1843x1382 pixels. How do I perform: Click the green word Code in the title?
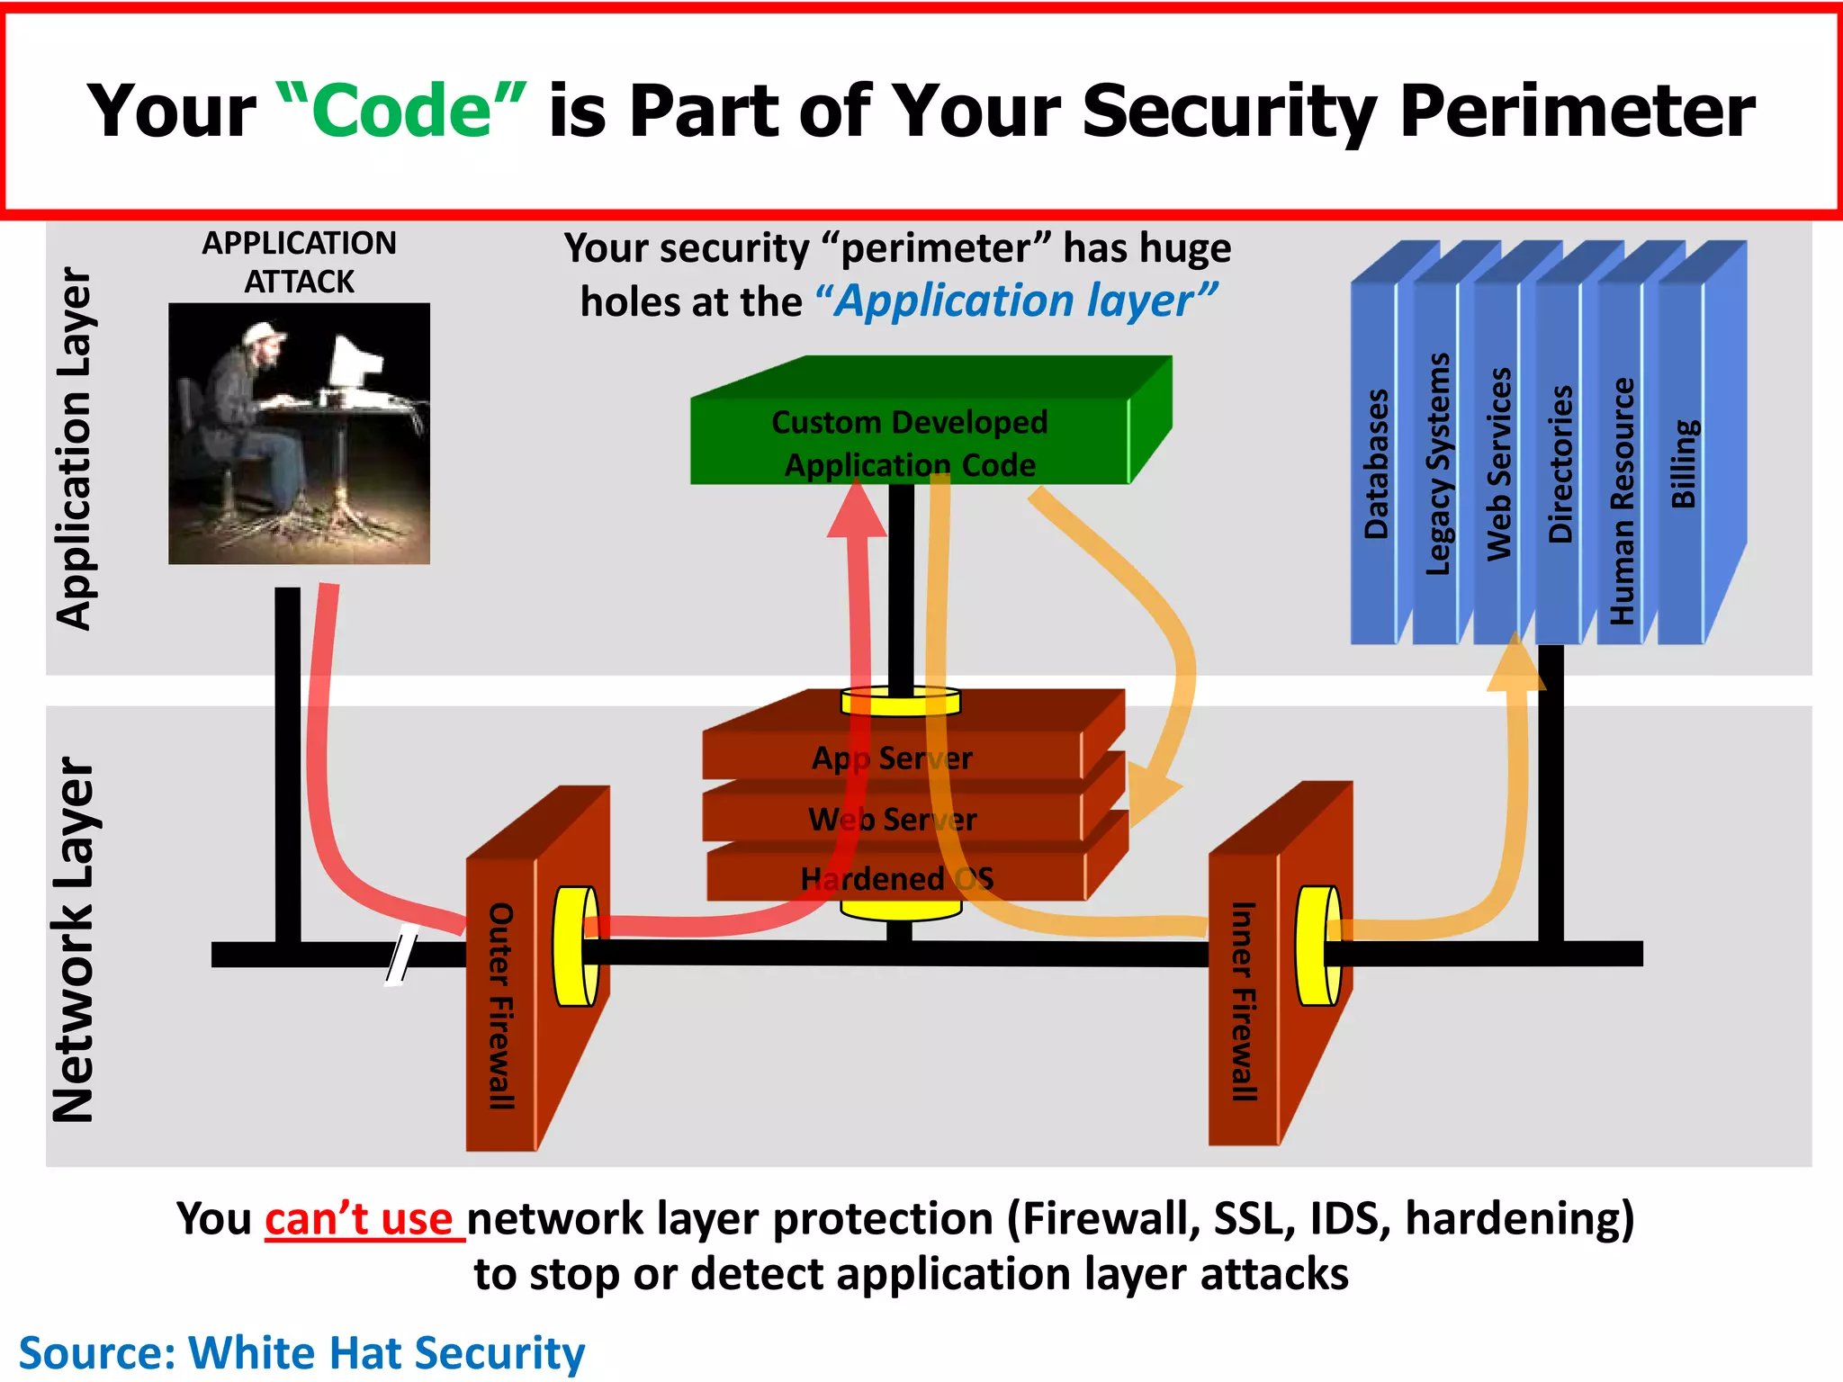coord(401,111)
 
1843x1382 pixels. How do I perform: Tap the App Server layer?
coord(892,758)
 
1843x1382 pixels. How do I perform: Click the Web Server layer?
coord(892,819)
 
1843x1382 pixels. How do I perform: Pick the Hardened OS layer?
coord(896,878)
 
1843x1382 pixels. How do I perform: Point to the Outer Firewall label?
coord(500,1005)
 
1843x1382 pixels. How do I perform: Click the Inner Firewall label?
coord(1243,1001)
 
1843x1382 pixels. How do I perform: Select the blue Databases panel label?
coord(1376,463)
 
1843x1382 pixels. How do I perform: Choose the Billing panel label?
coord(1683,463)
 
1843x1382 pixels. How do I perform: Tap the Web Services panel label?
coord(1498,463)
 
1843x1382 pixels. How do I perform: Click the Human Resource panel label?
coord(1622,500)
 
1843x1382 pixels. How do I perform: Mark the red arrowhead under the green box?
coord(857,513)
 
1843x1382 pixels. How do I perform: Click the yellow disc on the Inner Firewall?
coord(1318,946)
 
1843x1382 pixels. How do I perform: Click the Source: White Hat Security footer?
coord(301,1352)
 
